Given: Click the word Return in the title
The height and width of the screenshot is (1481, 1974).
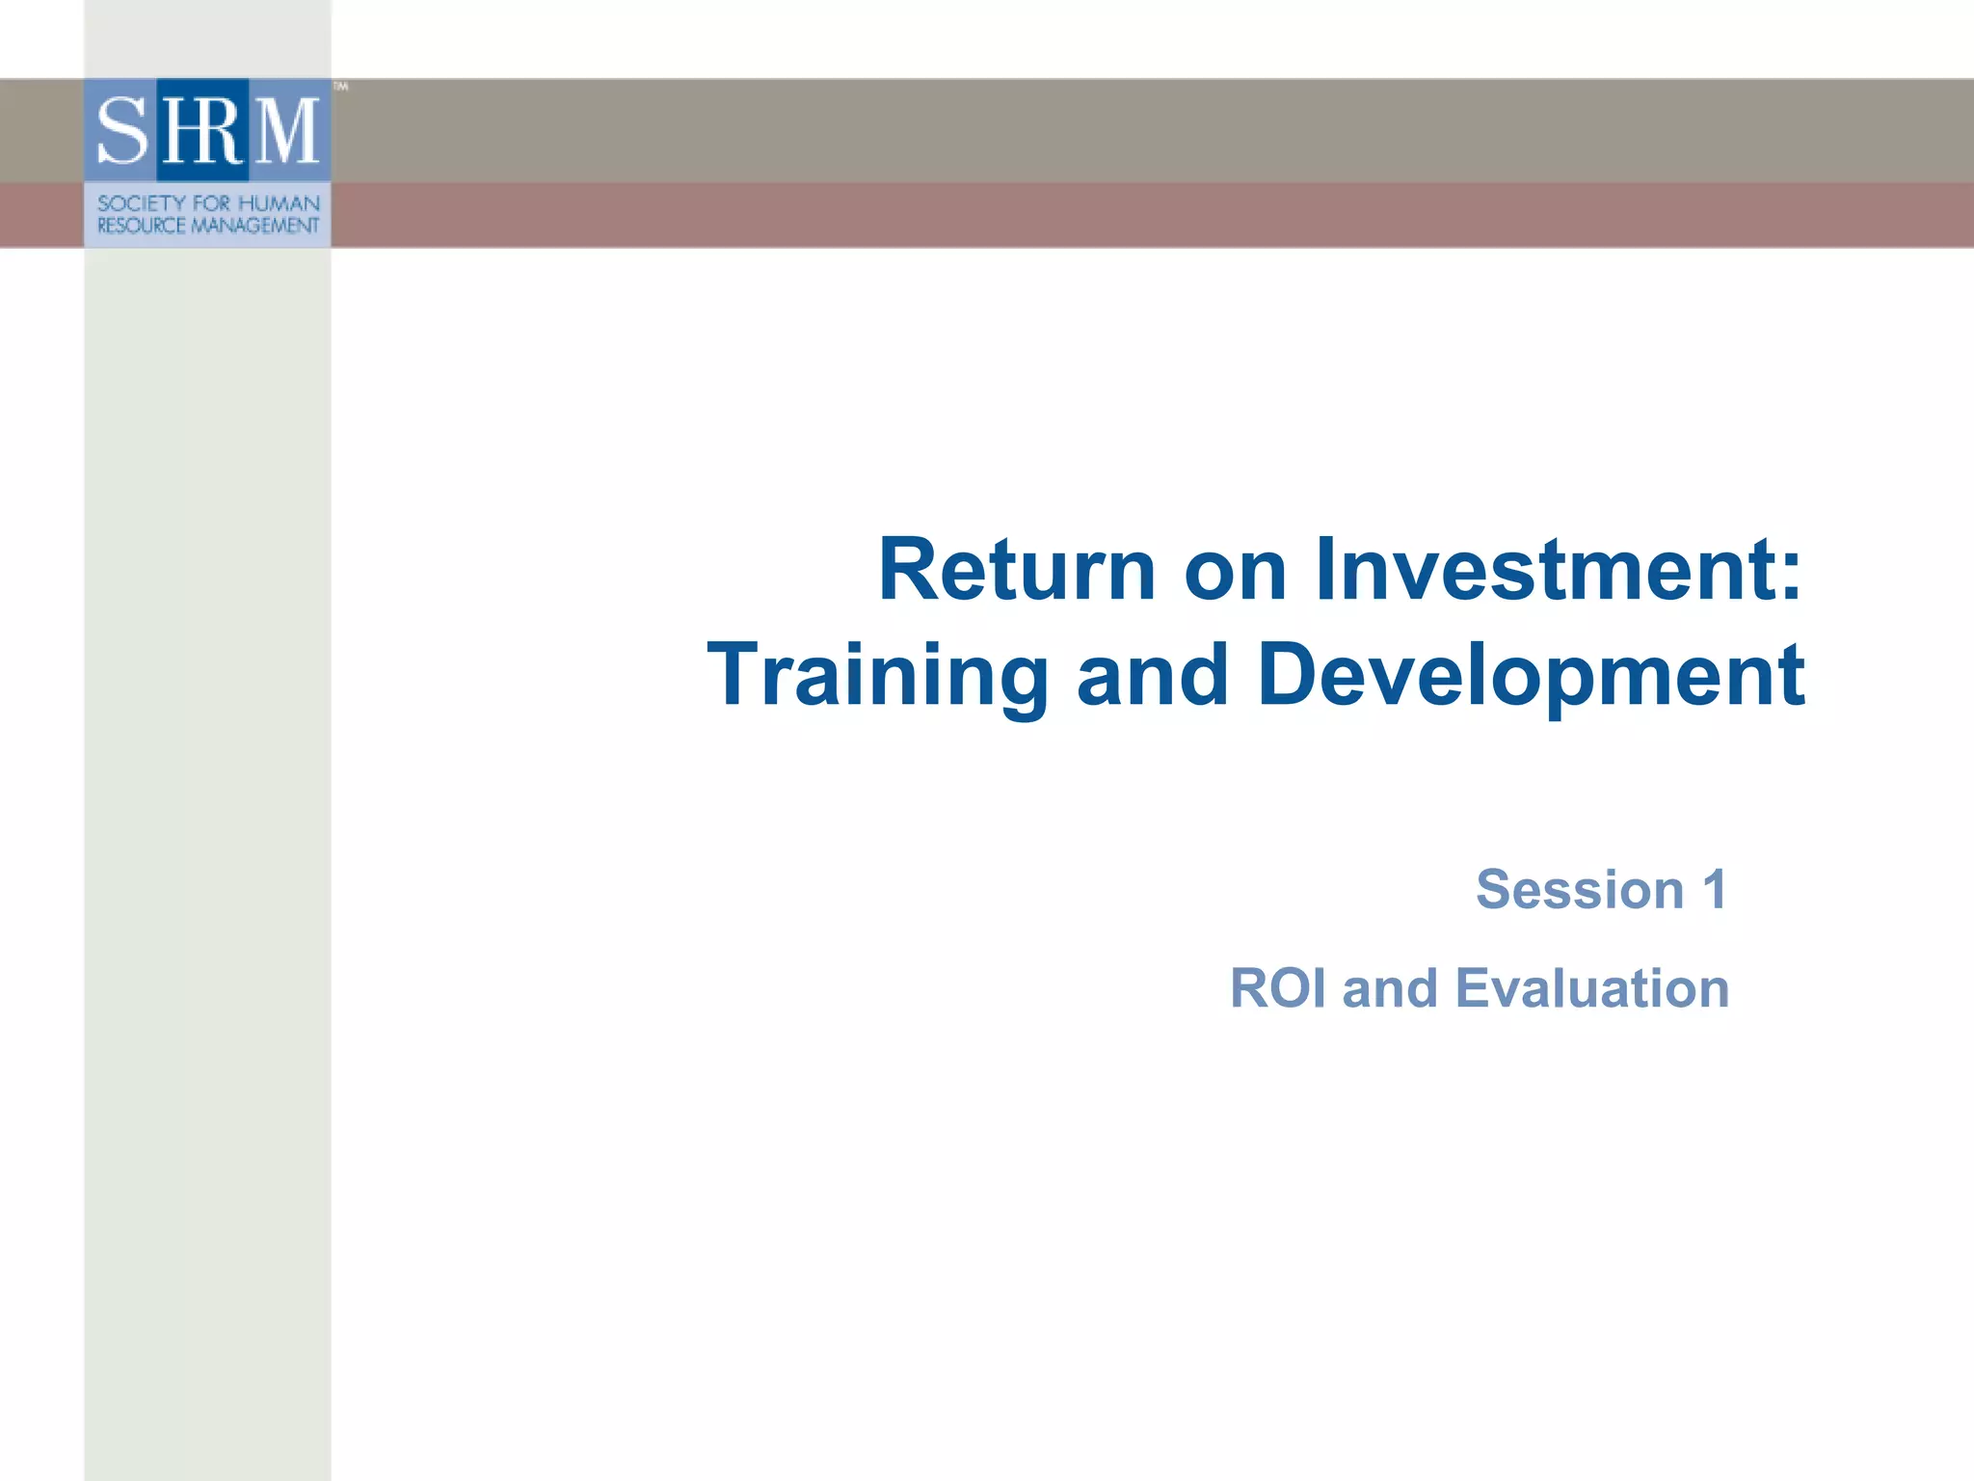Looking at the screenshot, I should (x=1016, y=571).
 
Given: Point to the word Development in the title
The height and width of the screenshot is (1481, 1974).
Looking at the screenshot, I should (x=1531, y=675).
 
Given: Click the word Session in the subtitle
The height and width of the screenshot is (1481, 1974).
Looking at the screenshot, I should (x=1580, y=889).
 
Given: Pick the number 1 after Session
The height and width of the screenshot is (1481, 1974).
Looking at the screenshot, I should (x=1714, y=889).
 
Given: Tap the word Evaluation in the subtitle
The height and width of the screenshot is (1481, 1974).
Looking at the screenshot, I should (x=1591, y=988).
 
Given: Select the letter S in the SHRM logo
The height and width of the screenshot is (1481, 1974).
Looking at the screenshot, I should (x=121, y=131).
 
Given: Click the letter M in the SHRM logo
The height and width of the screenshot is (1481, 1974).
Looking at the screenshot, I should (x=286, y=131).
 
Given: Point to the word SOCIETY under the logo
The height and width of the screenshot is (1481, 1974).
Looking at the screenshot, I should (x=141, y=203).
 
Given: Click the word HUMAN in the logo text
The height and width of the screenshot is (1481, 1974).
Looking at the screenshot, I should (x=279, y=203).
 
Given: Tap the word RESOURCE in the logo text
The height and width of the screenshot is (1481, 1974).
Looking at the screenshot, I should (x=141, y=226).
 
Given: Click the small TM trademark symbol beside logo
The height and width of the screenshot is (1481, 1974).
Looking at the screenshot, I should (x=340, y=87).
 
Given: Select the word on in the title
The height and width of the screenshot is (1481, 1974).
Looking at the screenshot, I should (x=1235, y=571).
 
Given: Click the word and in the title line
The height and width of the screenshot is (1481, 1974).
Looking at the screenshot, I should (x=1152, y=675).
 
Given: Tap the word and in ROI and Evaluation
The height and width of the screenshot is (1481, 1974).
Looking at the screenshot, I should (x=1389, y=988).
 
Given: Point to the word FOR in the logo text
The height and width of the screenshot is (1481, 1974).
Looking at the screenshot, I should (x=211, y=203).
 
